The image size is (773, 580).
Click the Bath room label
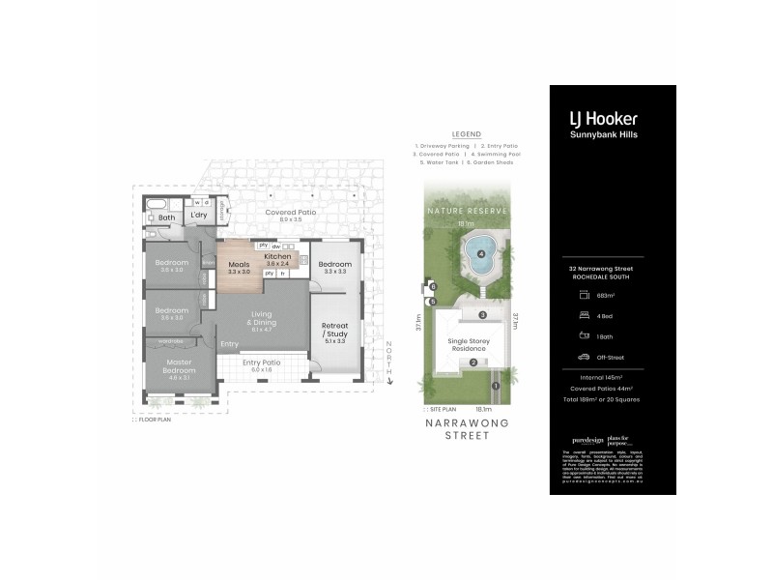(167, 217)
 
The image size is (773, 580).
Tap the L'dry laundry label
(199, 215)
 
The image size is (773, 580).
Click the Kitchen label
(277, 256)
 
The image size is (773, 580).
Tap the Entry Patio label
(263, 362)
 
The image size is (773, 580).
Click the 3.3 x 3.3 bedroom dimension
(334, 272)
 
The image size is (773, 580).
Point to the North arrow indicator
(388, 362)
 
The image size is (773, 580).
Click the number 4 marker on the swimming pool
(479, 254)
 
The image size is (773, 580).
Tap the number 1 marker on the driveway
(495, 387)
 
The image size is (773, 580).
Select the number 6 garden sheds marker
(434, 288)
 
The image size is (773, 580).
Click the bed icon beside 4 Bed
(584, 315)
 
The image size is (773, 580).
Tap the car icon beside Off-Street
(584, 356)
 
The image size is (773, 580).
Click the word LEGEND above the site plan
(466, 135)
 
